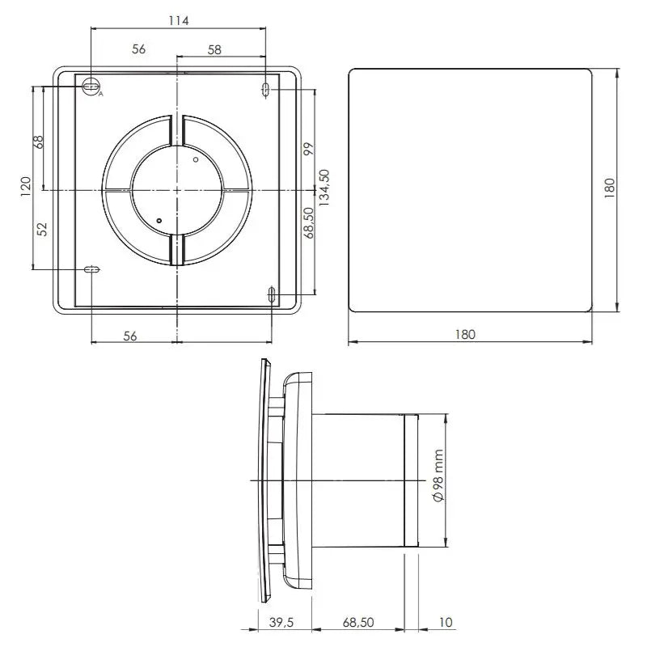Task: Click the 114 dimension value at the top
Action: [178, 21]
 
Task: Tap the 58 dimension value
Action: [214, 50]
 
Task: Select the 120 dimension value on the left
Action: [26, 187]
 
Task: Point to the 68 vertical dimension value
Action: [38, 142]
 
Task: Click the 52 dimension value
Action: [42, 229]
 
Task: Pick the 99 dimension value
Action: [309, 149]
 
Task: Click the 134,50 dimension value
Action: [324, 188]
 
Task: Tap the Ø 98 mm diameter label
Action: [438, 476]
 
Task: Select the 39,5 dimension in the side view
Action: [281, 622]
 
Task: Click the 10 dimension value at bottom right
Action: [446, 622]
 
